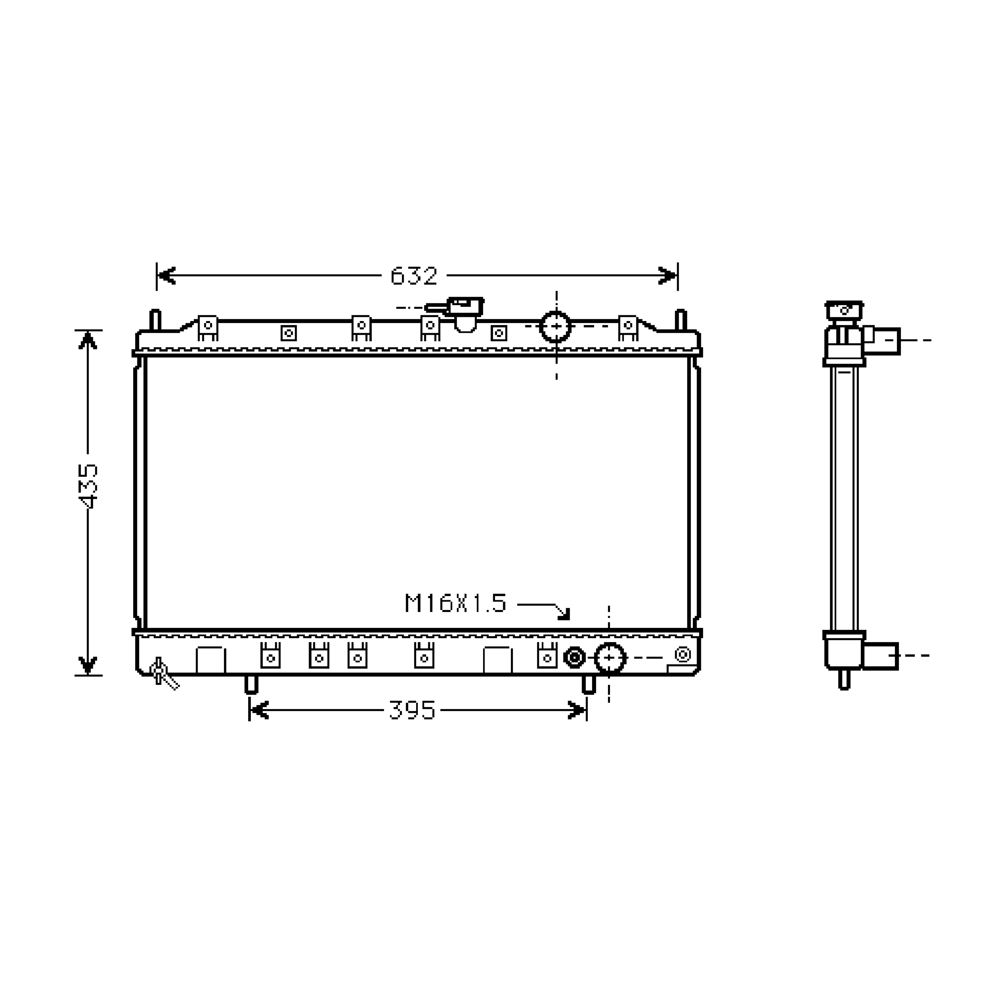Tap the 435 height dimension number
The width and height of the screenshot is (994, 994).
pos(88,486)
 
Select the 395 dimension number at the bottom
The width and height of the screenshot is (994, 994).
pos(412,710)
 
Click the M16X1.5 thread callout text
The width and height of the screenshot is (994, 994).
pos(456,603)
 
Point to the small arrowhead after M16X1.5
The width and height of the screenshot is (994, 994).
pos(565,614)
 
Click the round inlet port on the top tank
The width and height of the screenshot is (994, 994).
pos(556,326)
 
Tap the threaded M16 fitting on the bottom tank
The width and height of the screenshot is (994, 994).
pos(574,657)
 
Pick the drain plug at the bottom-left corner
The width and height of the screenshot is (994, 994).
pos(163,673)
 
